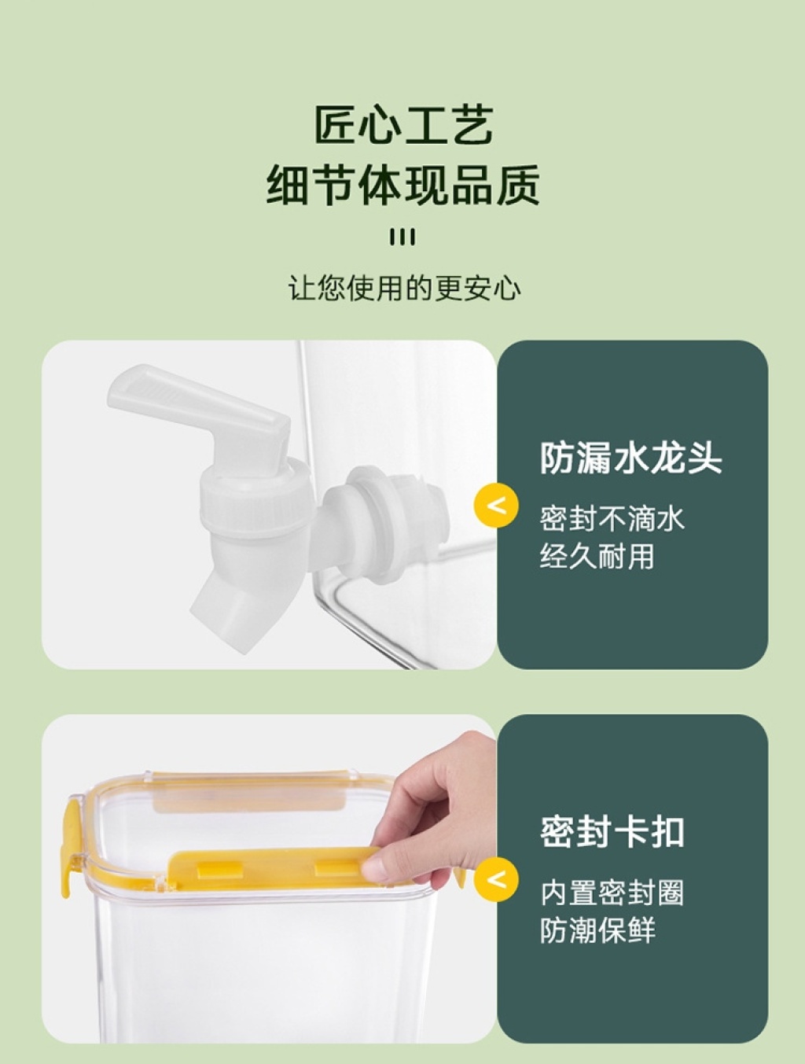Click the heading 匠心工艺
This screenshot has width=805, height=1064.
(x=403, y=125)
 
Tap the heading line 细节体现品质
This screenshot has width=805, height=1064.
(x=403, y=185)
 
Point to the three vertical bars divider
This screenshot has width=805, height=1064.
(x=403, y=237)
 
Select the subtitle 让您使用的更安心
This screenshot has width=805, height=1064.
(x=404, y=288)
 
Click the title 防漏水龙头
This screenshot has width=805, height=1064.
(x=631, y=457)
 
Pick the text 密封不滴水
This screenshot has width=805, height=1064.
(x=612, y=518)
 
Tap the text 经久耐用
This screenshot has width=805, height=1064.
(x=597, y=555)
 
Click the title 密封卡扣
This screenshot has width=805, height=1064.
(x=612, y=831)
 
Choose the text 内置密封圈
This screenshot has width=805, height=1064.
(x=612, y=893)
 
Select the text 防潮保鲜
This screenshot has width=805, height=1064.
(x=597, y=930)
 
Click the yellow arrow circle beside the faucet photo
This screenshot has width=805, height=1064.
(x=496, y=506)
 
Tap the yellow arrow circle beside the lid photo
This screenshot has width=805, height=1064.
(x=496, y=880)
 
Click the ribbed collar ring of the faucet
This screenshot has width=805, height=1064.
(x=254, y=499)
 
